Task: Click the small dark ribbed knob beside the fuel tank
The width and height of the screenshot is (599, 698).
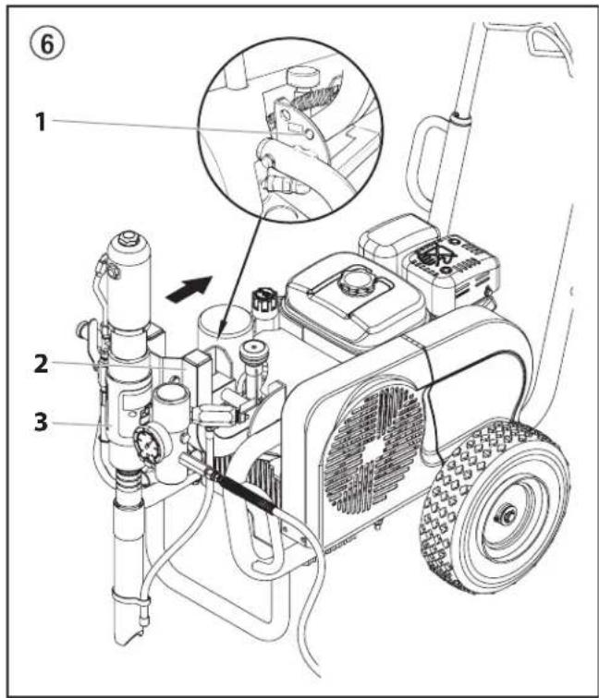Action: tap(258, 299)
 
